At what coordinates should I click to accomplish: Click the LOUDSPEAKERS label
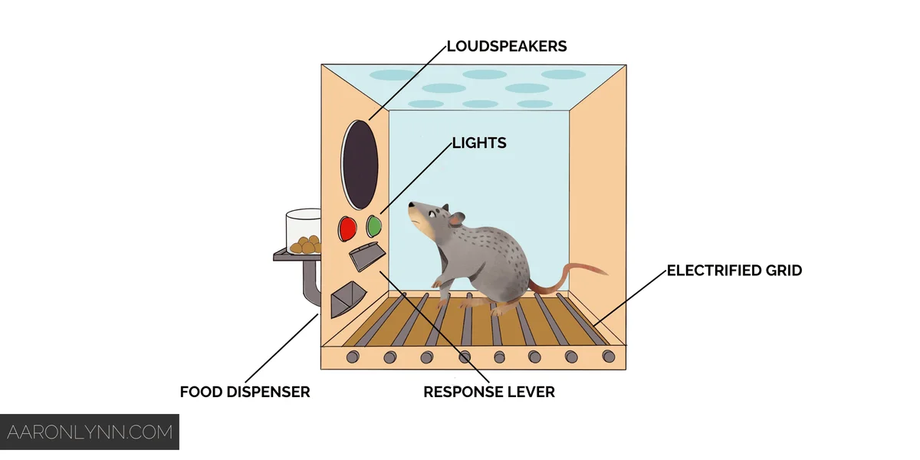(508, 46)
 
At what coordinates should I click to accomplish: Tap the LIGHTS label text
(479, 143)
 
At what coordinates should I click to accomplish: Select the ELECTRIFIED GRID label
(734, 270)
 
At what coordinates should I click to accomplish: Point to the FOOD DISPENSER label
(245, 392)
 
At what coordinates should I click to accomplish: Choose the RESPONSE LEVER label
(489, 392)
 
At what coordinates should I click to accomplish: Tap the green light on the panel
(374, 225)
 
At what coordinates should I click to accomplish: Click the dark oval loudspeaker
(360, 163)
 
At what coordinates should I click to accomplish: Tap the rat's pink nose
(410, 205)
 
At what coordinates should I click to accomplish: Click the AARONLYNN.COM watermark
(89, 432)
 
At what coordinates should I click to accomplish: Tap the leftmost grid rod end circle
(353, 356)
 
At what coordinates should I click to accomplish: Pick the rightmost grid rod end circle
(608, 356)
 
